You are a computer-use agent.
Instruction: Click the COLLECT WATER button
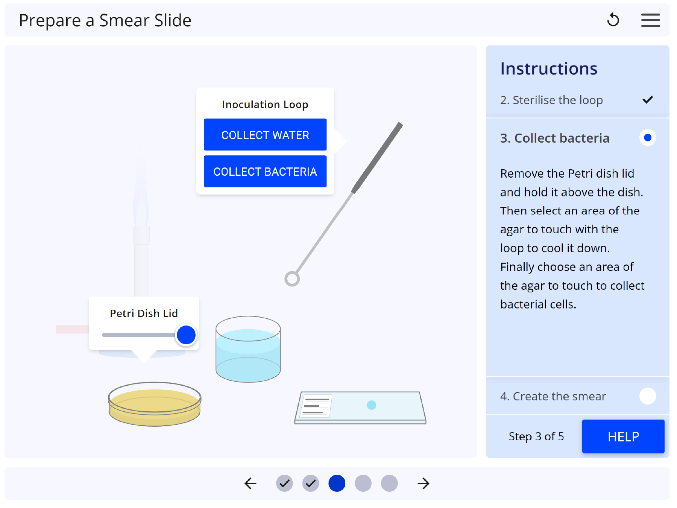click(265, 135)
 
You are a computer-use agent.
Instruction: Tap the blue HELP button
click(623, 437)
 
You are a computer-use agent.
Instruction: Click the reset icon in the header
click(613, 20)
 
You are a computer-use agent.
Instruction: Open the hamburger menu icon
click(651, 20)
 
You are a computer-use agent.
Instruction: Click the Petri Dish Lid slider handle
click(186, 335)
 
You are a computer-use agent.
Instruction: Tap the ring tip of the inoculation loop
click(292, 279)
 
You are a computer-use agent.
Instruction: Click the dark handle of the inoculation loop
click(377, 157)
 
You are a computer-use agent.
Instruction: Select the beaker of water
click(248, 349)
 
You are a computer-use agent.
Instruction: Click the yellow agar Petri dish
click(155, 404)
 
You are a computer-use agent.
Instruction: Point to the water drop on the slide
click(372, 405)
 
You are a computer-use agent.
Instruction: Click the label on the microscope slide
click(317, 406)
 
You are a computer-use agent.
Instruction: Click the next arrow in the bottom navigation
click(424, 484)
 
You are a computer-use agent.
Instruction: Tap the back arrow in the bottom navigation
click(250, 484)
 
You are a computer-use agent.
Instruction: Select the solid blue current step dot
click(337, 484)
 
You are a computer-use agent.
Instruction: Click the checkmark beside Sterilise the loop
click(648, 100)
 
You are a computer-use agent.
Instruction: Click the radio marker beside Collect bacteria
click(648, 138)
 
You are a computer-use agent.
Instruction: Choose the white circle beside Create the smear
click(648, 396)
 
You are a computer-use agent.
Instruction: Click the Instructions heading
click(549, 68)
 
